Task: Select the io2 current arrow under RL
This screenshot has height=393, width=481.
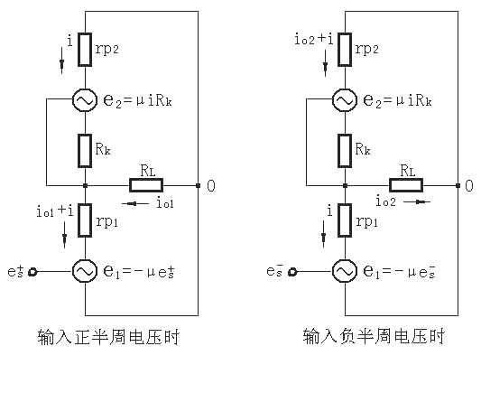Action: pyautogui.click(x=417, y=201)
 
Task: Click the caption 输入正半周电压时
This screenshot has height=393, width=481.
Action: pyautogui.click(x=108, y=337)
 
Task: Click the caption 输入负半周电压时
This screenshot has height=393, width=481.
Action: pyautogui.click(x=374, y=336)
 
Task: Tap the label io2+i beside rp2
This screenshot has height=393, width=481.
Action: pyautogui.click(x=313, y=40)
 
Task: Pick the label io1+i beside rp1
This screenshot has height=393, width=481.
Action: pyautogui.click(x=55, y=211)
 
